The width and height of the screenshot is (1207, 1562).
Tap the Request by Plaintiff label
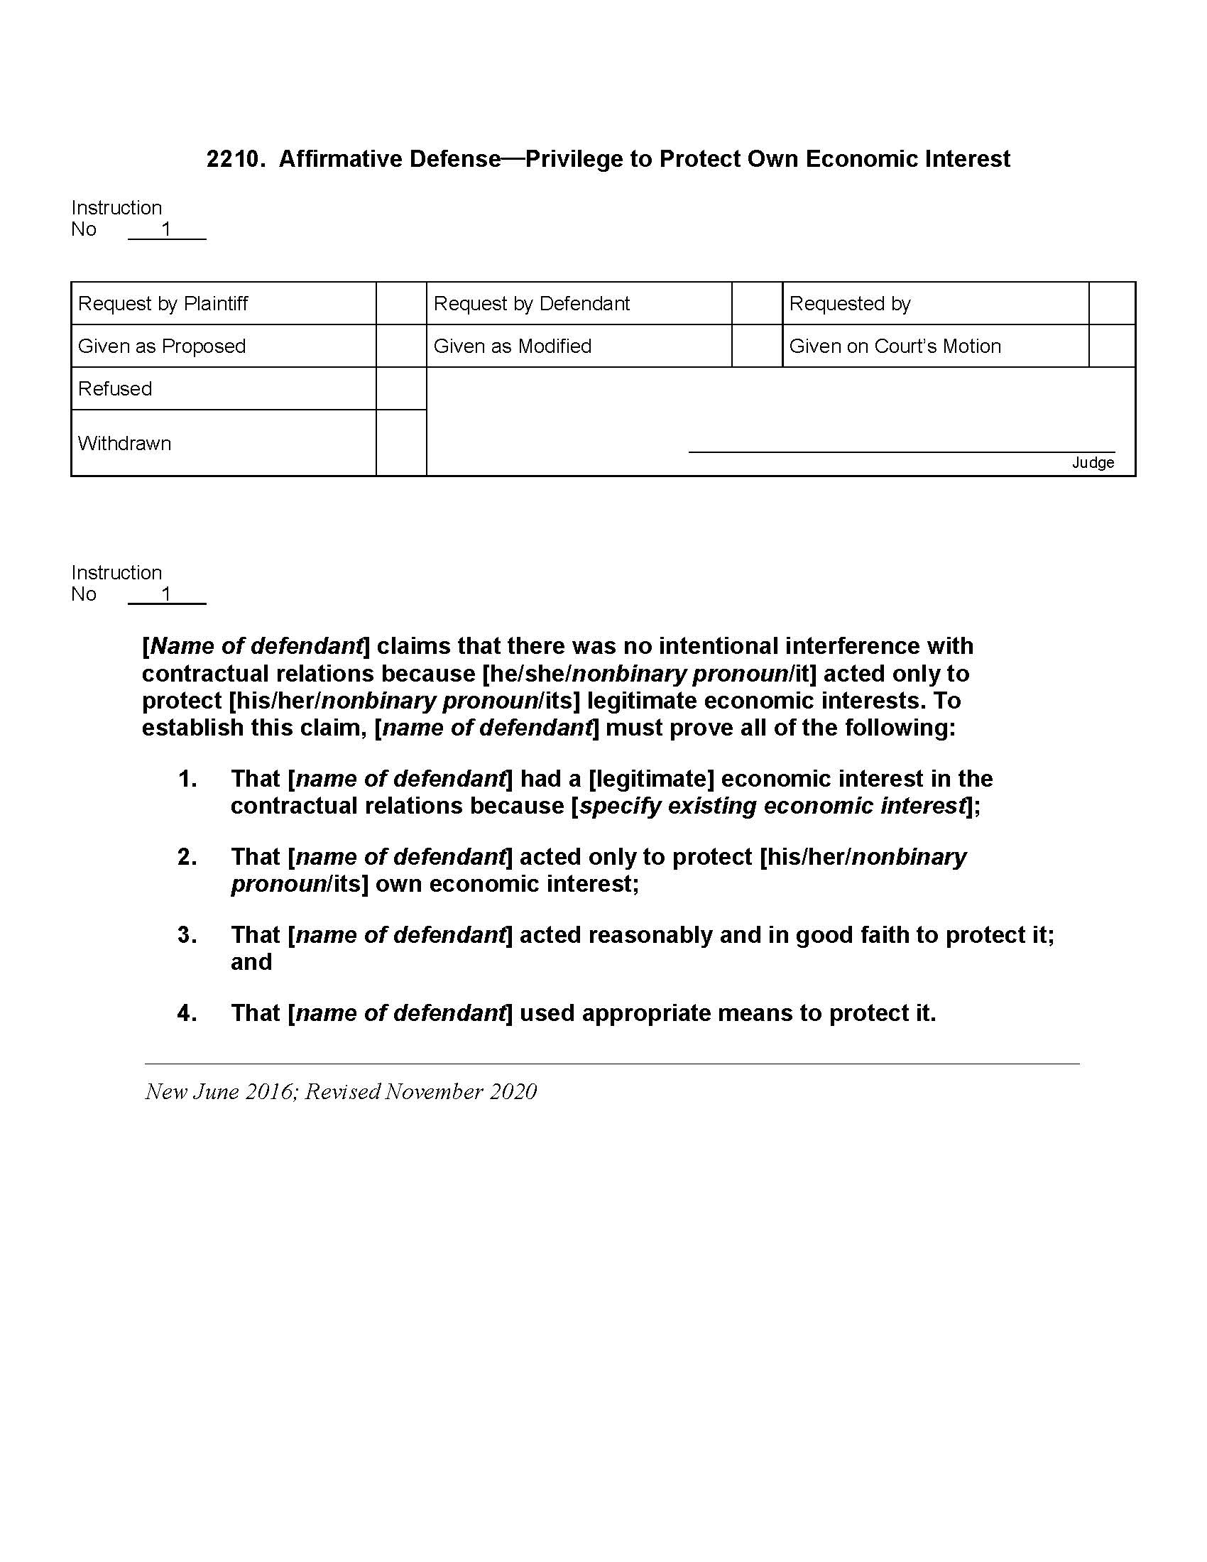click(x=163, y=304)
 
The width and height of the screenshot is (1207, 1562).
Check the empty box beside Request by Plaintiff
click(x=401, y=304)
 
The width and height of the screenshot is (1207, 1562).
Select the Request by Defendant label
click(x=531, y=304)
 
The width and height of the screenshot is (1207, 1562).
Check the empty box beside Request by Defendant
click(x=757, y=304)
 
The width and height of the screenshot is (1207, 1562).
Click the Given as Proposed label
click(x=162, y=346)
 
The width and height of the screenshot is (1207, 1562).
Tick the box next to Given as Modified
click(x=757, y=346)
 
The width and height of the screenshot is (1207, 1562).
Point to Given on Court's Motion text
click(x=895, y=346)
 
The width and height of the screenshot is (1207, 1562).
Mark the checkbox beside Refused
click(x=401, y=388)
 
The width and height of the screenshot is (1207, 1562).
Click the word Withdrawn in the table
click(x=124, y=444)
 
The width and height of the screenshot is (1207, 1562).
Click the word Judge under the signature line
click(x=1093, y=463)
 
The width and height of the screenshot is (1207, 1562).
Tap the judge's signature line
click(x=901, y=451)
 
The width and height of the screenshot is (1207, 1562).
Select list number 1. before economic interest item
click(x=187, y=779)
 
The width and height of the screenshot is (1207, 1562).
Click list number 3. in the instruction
click(x=187, y=936)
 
